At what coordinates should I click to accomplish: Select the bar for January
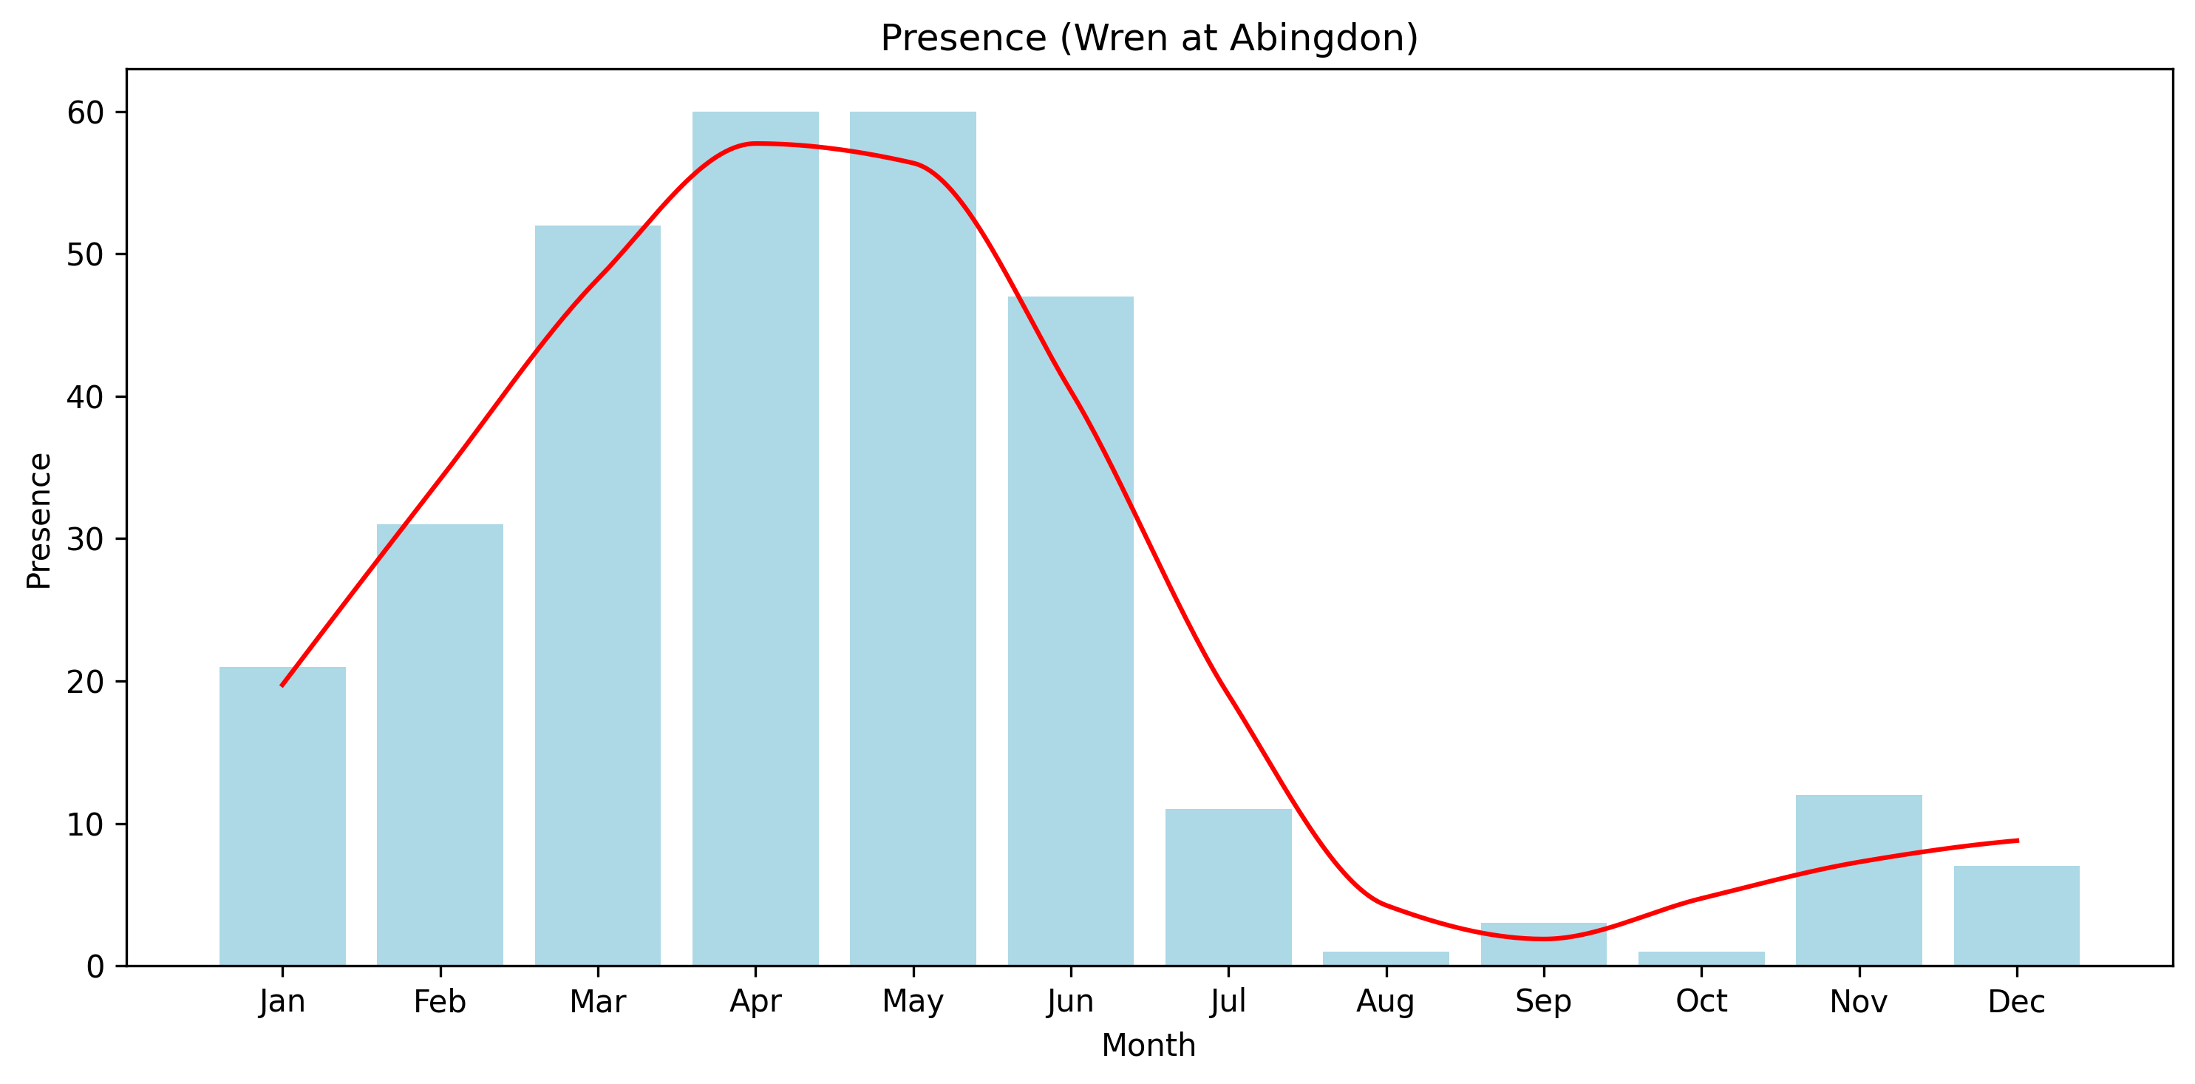pos(282,816)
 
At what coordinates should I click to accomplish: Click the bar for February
pos(440,745)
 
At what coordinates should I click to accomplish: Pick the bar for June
pos(1071,631)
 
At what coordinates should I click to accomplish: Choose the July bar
pos(1229,887)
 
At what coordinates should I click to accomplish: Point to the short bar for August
pos(1386,959)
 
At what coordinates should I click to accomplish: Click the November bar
pos(1859,881)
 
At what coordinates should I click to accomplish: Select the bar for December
pos(2017,915)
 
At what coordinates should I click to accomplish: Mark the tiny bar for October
pos(1701,959)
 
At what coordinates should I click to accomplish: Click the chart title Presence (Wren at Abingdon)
pos(1149,38)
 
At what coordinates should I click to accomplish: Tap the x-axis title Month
pos(1148,1045)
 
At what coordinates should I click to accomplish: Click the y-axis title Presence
pos(39,521)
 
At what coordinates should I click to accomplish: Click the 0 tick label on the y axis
pos(95,966)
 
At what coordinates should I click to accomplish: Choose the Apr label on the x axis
pos(755,1002)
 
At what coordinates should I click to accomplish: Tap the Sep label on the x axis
pos(1543,1002)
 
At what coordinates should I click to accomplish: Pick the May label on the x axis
pos(913,1002)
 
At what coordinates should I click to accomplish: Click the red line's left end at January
pos(282,685)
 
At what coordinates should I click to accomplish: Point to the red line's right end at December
pos(2017,840)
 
